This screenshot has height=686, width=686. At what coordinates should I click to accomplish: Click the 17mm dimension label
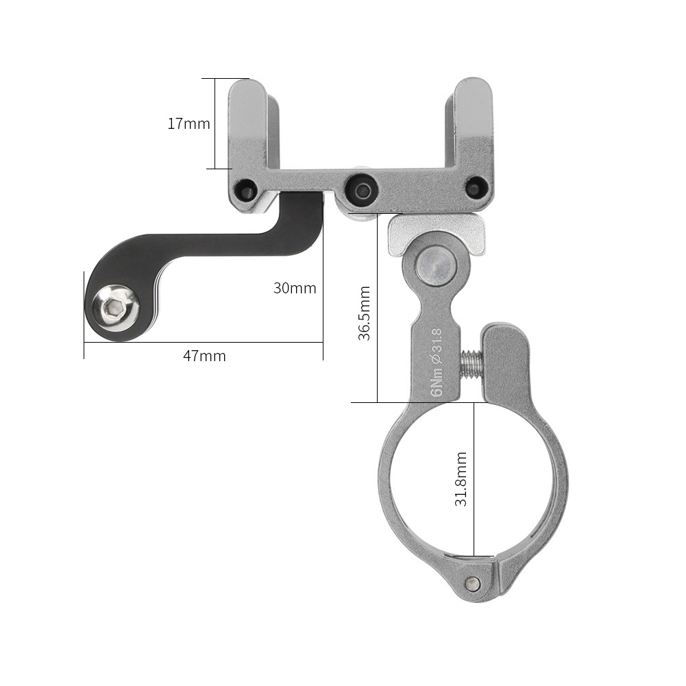click(188, 124)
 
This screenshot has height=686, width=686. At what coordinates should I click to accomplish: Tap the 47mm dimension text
click(204, 356)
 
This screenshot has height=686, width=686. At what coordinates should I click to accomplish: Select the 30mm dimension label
click(295, 288)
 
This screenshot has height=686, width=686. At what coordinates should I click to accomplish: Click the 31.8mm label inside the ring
click(461, 478)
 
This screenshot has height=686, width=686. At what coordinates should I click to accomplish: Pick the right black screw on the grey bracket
click(475, 187)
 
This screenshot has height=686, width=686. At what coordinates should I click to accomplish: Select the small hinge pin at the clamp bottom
click(471, 583)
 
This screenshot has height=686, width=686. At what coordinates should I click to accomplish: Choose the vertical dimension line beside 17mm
click(215, 123)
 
